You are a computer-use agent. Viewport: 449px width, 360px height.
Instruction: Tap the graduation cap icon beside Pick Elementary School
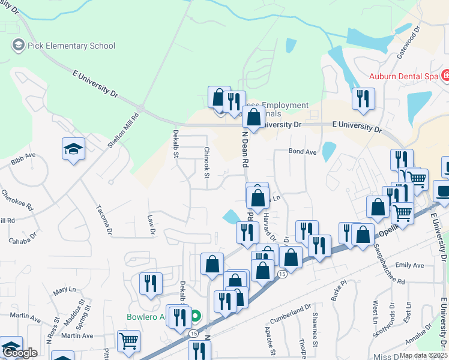point(17,45)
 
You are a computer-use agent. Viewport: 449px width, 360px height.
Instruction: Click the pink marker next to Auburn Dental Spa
point(445,76)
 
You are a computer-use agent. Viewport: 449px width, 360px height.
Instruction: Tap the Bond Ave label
point(302,152)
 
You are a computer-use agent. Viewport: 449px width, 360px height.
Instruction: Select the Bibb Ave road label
point(23,158)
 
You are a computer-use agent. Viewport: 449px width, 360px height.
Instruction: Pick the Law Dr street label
point(152,226)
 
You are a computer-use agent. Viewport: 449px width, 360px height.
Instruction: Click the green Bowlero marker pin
point(195,316)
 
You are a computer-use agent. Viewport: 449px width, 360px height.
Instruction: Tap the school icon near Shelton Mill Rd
point(73,149)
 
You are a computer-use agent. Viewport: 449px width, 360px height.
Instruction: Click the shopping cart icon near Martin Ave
point(129,341)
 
